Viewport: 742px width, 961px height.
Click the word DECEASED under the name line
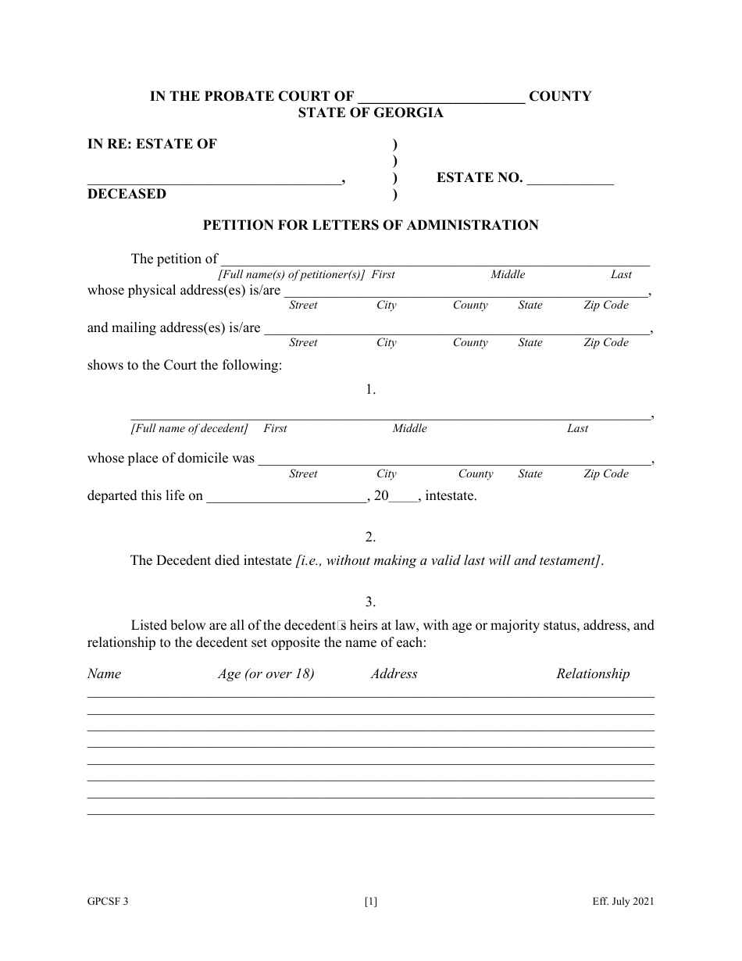pyautogui.click(x=127, y=195)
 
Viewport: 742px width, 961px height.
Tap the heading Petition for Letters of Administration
pyautogui.click(x=371, y=226)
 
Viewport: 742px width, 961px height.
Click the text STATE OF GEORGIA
pyautogui.click(x=370, y=113)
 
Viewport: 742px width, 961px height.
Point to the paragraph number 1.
pyautogui.click(x=371, y=389)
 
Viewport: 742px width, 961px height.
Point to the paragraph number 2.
pyautogui.click(x=371, y=538)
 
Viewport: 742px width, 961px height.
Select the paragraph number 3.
pyautogui.click(x=371, y=602)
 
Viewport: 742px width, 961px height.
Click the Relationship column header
pyautogui.click(x=593, y=674)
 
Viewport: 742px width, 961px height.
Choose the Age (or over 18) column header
pyautogui.click(x=266, y=674)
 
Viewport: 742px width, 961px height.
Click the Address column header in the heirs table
pyautogui.click(x=394, y=674)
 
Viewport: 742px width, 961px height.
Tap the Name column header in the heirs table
pyautogui.click(x=104, y=674)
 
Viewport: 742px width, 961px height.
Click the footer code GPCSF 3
pyautogui.click(x=108, y=902)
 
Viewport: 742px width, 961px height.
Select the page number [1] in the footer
pyautogui.click(x=371, y=902)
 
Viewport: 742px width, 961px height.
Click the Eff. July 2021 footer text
pyautogui.click(x=622, y=902)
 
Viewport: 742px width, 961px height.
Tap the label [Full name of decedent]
pyautogui.click(x=189, y=429)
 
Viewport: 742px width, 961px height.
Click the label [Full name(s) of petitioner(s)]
pyautogui.click(x=291, y=275)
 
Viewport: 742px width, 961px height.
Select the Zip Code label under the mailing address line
pyautogui.click(x=605, y=343)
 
